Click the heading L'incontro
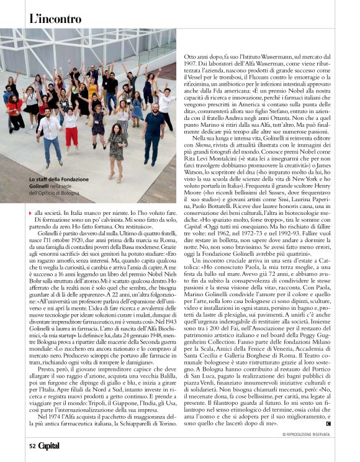(x=55, y=19)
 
